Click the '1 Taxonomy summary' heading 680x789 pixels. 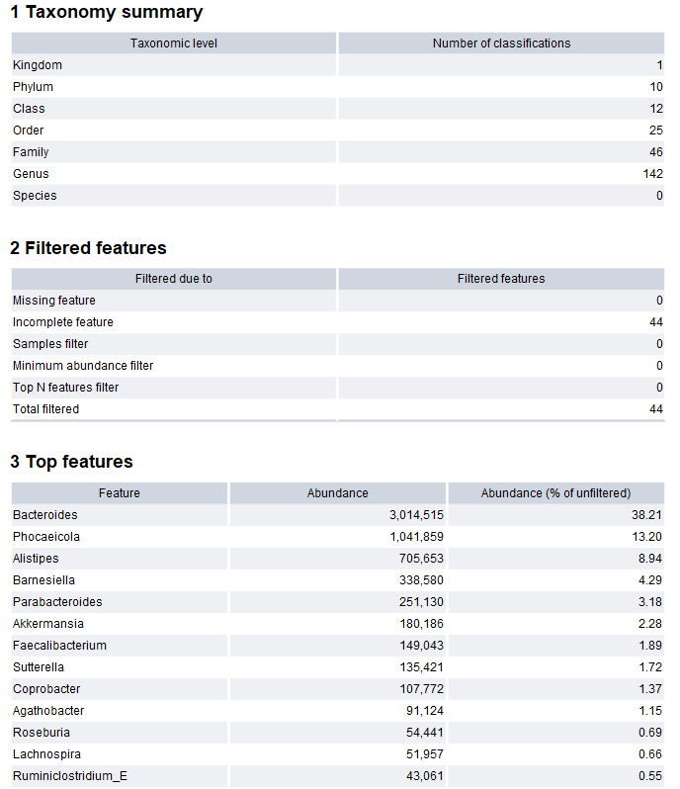[x=106, y=13]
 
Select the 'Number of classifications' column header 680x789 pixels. [x=501, y=44]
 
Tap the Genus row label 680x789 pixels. [x=31, y=174]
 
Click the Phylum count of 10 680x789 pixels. [x=655, y=87]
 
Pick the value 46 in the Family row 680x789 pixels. [x=655, y=152]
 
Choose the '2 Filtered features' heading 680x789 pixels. [x=88, y=248]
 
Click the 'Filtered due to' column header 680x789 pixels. [x=174, y=279]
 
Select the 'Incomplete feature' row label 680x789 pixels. [x=63, y=322]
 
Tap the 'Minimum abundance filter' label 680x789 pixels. [x=83, y=366]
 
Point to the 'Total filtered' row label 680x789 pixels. [x=45, y=409]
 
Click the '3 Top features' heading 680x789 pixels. [x=71, y=462]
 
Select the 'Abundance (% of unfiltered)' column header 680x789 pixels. [x=555, y=493]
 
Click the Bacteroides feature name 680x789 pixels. [x=45, y=515]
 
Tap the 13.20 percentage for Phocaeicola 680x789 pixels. [x=647, y=537]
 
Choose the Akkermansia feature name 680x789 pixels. [x=48, y=624]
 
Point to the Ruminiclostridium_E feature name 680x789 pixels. [x=70, y=776]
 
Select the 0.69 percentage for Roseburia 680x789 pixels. [x=650, y=733]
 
